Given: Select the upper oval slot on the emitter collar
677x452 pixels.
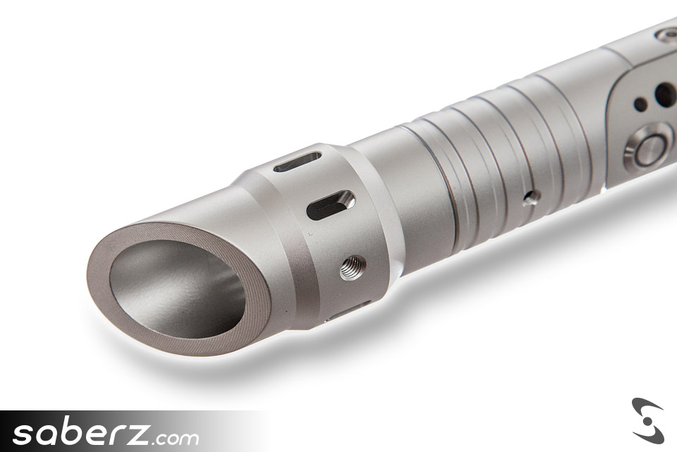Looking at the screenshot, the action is pyautogui.click(x=298, y=161).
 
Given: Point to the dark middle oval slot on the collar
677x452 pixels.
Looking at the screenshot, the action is pyautogui.click(x=331, y=204).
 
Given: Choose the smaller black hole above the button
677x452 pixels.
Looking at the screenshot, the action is pyautogui.click(x=640, y=104).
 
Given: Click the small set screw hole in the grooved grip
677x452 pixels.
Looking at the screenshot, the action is pyautogui.click(x=531, y=197).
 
